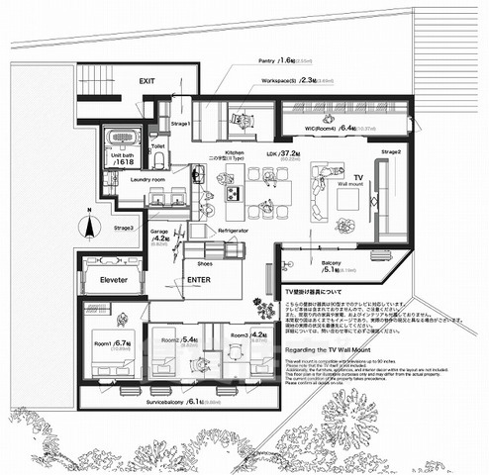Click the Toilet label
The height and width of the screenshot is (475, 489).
(157, 146)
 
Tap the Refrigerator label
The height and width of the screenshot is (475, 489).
(233, 230)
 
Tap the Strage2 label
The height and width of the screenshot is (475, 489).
(391, 151)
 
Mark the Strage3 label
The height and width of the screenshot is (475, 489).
(127, 229)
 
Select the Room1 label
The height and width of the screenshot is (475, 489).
(102, 342)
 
